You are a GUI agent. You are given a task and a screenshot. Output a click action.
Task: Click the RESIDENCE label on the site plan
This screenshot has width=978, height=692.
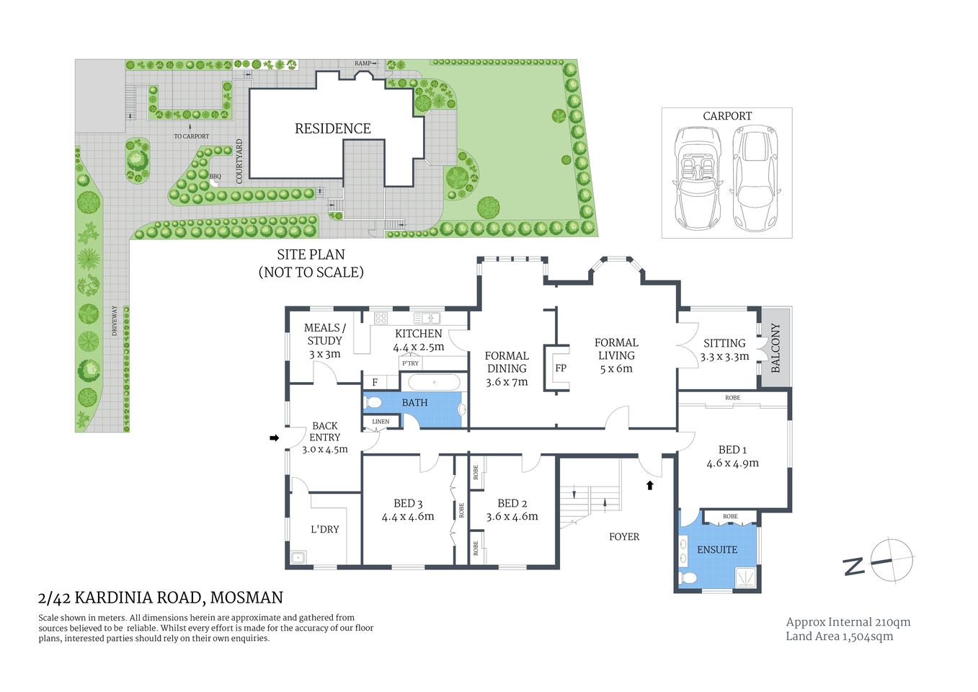(332, 128)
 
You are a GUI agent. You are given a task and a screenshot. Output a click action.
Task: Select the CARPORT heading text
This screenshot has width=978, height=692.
(726, 116)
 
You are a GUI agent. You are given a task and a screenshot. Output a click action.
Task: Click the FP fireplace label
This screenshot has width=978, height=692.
(561, 368)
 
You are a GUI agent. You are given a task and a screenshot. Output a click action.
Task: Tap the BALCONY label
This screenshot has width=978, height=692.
(775, 347)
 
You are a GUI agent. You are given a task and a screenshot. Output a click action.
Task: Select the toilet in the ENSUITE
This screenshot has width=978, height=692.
(688, 577)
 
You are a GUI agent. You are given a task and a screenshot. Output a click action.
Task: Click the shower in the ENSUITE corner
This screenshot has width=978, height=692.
(745, 577)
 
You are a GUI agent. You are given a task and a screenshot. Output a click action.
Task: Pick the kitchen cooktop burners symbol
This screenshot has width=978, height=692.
(381, 318)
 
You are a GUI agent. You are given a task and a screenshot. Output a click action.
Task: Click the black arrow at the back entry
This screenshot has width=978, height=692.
(274, 438)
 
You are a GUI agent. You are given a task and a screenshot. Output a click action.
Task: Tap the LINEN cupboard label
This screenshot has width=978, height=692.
(381, 422)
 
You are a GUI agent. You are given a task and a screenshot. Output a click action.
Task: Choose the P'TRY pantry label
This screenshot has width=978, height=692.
(410, 363)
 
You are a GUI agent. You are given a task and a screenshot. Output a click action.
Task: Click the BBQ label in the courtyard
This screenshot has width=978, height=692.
(215, 176)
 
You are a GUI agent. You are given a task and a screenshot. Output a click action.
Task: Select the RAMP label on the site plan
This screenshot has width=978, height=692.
(363, 63)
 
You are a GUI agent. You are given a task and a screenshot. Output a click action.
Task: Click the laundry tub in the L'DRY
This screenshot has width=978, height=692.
(298, 556)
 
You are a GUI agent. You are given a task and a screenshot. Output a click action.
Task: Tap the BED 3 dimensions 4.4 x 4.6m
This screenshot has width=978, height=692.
(408, 516)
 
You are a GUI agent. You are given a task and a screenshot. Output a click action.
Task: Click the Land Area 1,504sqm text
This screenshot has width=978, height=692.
(839, 636)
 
